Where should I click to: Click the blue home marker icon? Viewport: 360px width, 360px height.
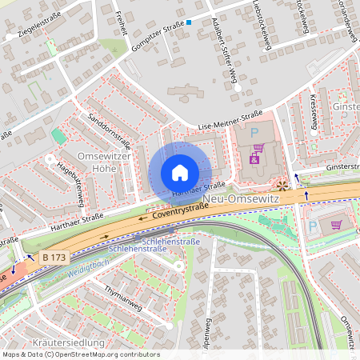point(180,173)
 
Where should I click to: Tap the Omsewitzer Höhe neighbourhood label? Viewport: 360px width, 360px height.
point(103,161)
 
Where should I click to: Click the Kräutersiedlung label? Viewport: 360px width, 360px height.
point(69,343)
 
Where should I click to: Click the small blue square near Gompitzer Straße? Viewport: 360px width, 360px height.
point(190,22)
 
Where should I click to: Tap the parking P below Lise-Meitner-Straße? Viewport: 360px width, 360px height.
point(255,132)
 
